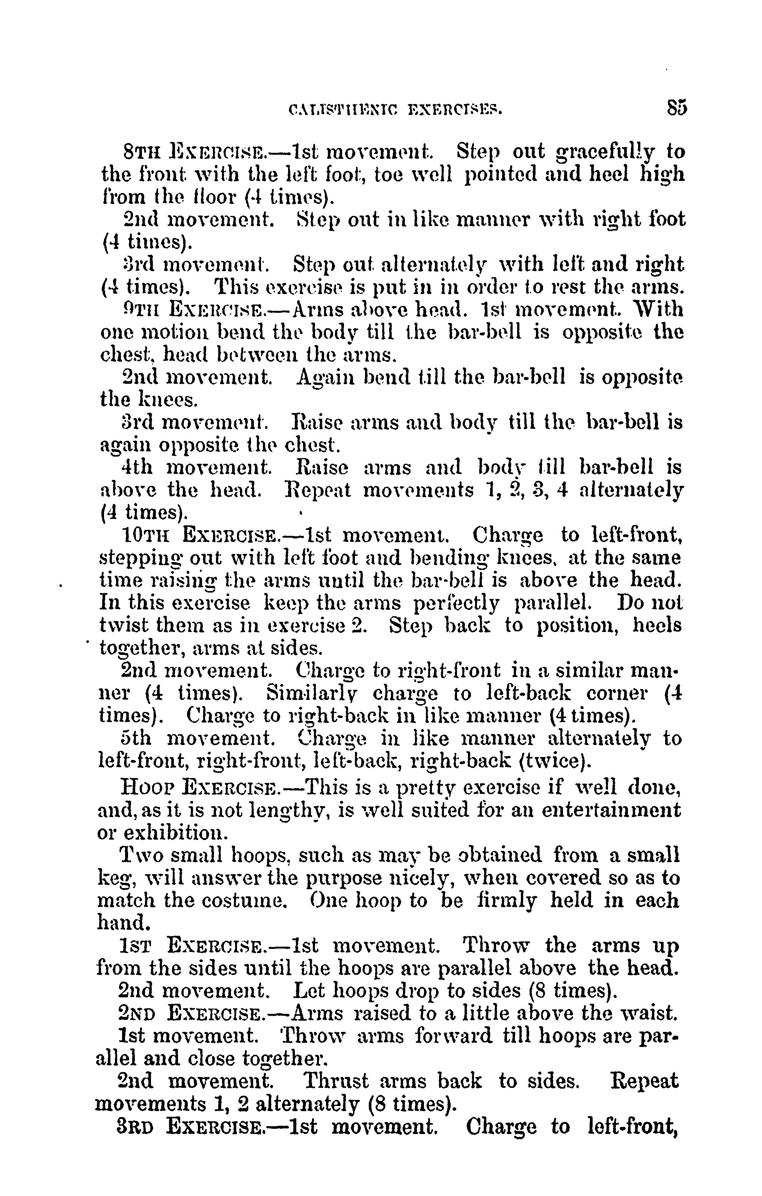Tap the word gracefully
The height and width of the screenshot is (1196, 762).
pos(604,151)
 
